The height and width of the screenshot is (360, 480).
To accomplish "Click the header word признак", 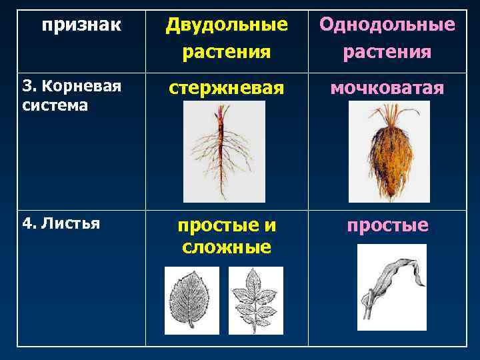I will pos(81,25).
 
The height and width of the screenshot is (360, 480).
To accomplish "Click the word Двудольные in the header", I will pos(227,25).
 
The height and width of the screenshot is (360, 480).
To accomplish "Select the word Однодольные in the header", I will pos(387,25).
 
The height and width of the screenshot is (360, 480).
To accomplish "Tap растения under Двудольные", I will pos(227,51).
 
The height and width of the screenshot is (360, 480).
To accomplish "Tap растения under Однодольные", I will pos(387,51).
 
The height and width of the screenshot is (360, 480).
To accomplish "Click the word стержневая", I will pos(227,87).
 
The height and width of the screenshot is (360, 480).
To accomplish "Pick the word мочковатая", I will pos(387,87).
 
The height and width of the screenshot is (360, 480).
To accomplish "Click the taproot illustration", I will pos(223,151).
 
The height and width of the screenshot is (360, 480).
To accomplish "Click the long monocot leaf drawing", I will pos(391,287).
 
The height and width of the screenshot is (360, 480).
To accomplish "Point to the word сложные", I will pos(227,247).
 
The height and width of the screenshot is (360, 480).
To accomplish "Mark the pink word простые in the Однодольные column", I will pos(387,226).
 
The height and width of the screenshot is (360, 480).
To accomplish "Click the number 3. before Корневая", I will pos(29,86).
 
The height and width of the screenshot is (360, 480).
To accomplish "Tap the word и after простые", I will pos(271,226).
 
